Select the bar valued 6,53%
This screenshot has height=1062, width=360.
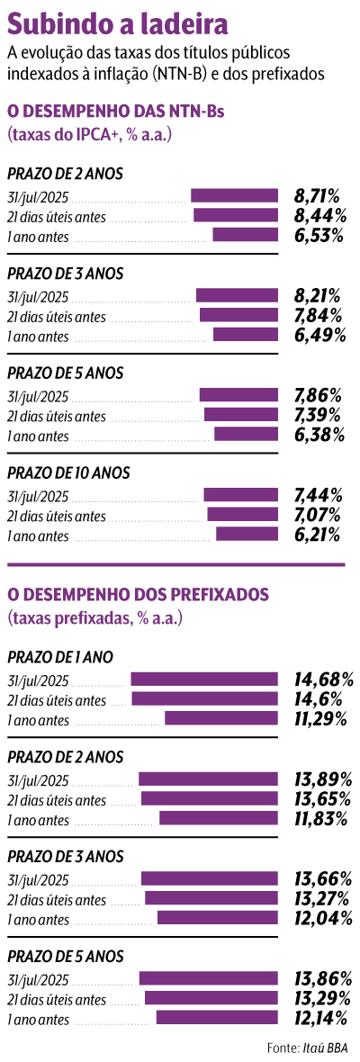coord(245,235)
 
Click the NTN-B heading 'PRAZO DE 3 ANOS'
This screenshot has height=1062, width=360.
coord(65,273)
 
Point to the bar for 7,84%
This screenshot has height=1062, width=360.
coord(238,315)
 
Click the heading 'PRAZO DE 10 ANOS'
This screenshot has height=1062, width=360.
coord(68,472)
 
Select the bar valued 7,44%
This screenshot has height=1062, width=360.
coord(240,494)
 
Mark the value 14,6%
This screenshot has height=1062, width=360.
coord(321,699)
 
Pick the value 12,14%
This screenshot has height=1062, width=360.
coord(323,1018)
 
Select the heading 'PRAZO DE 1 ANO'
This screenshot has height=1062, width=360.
coord(60,657)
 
